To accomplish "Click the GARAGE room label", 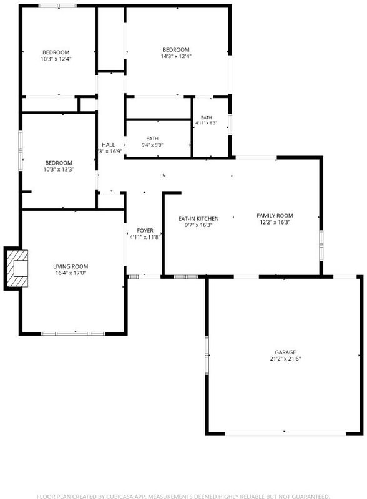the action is tap(285, 352).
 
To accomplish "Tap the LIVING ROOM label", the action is tap(71, 266).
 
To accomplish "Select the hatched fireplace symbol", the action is tap(17, 268).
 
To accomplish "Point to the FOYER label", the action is tap(145, 230).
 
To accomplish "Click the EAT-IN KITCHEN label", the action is tap(198, 219).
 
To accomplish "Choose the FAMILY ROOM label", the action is tap(275, 215).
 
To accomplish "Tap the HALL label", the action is tap(109, 145).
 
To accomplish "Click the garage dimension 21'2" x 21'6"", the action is tap(285, 359).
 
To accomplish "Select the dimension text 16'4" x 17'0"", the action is tap(71, 273).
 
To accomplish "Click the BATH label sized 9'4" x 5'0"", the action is tap(152, 138).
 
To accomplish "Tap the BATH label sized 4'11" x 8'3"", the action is tap(206, 117).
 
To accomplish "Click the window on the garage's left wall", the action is tap(207, 355).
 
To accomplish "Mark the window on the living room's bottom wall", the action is tap(73, 334).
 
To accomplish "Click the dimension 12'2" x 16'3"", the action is tap(275, 222).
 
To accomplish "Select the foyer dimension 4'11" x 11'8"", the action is tap(145, 237).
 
